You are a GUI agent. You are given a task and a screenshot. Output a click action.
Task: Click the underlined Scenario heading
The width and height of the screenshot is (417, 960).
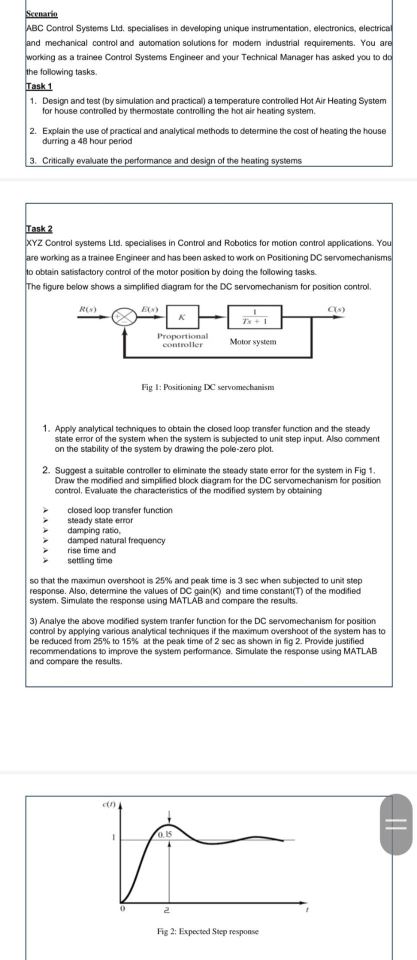click(x=42, y=14)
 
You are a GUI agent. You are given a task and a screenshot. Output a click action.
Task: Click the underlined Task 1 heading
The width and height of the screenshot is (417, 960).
click(x=39, y=86)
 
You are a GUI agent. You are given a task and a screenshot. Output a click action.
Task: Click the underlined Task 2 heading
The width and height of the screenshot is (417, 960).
click(x=39, y=228)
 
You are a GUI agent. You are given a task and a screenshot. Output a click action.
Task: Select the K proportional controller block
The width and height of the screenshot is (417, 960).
click(x=182, y=317)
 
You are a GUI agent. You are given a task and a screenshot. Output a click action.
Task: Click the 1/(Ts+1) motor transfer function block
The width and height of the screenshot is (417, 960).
click(x=254, y=317)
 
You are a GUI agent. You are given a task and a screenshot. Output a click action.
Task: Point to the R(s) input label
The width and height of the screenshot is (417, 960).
click(x=88, y=308)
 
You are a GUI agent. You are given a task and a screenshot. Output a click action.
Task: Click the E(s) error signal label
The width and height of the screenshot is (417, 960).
click(x=149, y=308)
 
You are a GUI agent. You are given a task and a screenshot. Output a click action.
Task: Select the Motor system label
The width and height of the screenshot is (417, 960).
click(x=252, y=342)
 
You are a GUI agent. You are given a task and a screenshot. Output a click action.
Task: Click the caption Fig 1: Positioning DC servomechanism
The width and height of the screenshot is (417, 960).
click(x=207, y=387)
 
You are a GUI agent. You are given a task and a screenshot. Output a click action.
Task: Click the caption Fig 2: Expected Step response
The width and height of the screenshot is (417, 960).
click(x=207, y=931)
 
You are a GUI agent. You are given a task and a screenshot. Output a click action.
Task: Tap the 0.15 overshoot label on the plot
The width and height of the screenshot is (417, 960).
click(x=164, y=834)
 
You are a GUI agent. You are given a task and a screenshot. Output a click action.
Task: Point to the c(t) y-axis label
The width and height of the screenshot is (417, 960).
click(x=108, y=804)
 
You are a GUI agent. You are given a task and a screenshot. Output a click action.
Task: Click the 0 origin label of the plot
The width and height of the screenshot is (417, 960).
click(x=121, y=908)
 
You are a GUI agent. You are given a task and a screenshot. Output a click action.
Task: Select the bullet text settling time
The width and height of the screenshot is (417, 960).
click(x=90, y=560)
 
